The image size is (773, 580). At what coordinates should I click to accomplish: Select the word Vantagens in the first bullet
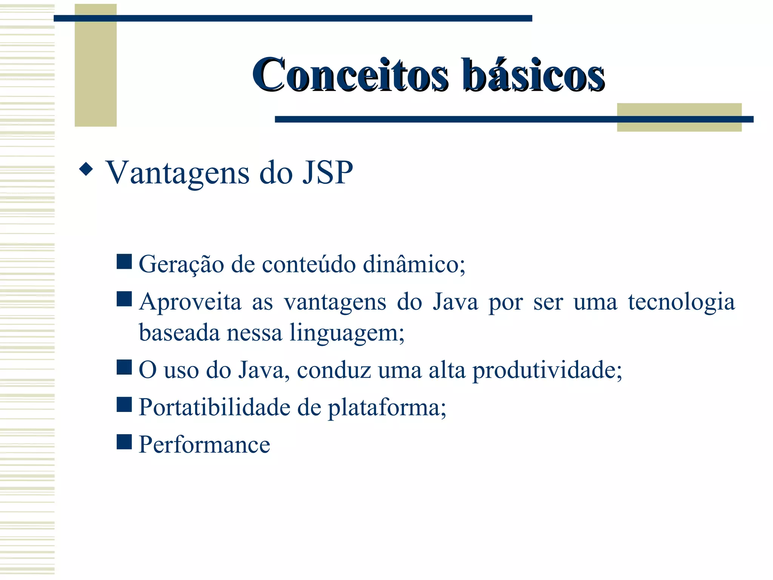coord(177,173)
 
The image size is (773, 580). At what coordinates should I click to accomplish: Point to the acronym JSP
coord(328,173)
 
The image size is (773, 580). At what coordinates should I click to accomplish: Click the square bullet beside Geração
coord(124,261)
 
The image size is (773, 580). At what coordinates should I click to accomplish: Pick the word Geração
coord(181,264)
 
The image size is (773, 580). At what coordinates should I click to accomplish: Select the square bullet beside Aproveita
coord(124,299)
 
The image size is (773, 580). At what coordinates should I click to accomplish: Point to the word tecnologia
coord(681,302)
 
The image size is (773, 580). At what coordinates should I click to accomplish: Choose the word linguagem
coord(347,333)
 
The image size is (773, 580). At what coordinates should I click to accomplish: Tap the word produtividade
coord(547,370)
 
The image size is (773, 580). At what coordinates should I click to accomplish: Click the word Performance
coord(204,444)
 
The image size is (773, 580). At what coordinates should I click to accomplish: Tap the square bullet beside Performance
coord(124,442)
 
